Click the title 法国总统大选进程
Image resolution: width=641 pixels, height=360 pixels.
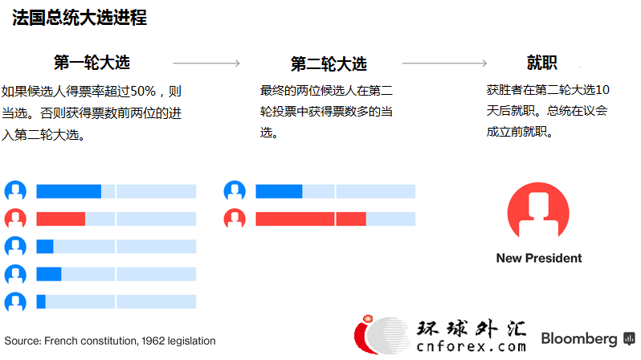80,18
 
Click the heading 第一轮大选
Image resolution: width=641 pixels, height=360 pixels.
92,63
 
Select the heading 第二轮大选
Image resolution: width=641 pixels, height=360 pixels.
329,63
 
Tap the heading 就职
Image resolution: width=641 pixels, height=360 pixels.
541,63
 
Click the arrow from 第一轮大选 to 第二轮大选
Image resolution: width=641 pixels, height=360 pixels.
206,63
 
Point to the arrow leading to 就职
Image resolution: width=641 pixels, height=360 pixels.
444,63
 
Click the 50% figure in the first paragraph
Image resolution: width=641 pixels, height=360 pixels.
143,91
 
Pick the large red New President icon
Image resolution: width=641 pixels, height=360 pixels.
538,211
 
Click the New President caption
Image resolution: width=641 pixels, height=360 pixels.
539,258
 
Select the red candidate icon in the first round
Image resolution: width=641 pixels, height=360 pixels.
15,219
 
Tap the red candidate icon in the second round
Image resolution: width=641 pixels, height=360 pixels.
235,219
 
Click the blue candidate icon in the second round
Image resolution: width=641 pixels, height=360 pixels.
235,191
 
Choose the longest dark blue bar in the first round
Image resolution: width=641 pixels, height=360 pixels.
69,191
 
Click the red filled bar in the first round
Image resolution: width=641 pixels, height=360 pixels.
60,219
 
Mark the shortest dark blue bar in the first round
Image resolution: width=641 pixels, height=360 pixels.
41,302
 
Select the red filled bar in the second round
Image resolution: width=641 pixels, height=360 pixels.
311,219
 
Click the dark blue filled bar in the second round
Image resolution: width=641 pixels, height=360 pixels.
279,191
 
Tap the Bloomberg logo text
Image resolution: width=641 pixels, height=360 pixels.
579,339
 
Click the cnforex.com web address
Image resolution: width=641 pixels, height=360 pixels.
471,346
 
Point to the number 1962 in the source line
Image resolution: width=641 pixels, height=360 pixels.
153,341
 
